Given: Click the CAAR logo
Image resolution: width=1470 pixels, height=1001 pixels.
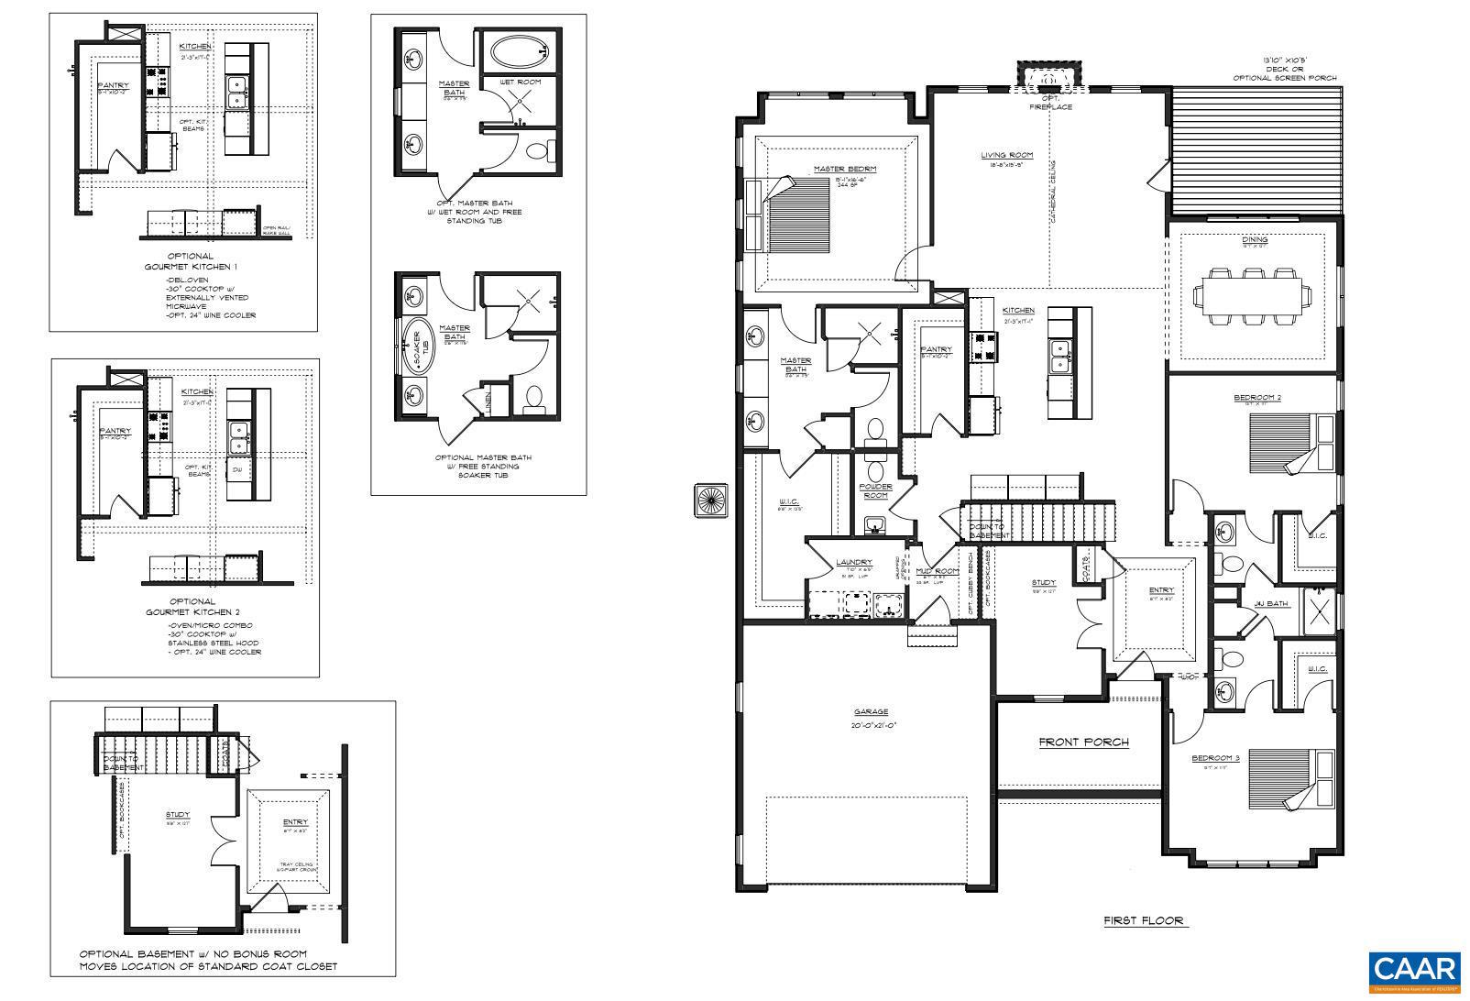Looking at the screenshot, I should [x=1415, y=971].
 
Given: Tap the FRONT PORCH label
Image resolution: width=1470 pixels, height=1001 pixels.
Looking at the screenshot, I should [x=1083, y=742].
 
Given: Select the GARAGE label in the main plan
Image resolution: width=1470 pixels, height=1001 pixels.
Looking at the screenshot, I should [x=871, y=711].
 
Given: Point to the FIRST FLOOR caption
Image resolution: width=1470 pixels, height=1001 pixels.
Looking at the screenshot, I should [x=1143, y=920].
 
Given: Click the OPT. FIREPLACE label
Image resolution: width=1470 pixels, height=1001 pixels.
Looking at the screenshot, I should [x=1050, y=102].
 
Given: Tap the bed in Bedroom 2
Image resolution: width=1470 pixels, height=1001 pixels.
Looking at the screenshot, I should [x=1292, y=444].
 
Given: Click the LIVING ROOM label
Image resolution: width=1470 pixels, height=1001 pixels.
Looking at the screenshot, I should [x=1006, y=156].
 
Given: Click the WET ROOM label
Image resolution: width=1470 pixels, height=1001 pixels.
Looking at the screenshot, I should [x=519, y=82].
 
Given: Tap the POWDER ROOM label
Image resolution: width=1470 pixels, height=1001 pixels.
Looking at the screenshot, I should [x=875, y=491].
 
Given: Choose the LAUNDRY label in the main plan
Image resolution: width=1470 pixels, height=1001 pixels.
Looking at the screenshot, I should [x=853, y=562].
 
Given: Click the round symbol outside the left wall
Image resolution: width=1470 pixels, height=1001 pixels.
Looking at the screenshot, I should [x=709, y=500].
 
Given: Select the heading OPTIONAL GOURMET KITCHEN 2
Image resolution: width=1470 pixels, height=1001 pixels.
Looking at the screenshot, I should [x=192, y=606].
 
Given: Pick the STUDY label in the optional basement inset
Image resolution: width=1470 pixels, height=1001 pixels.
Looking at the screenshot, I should [x=178, y=814].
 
